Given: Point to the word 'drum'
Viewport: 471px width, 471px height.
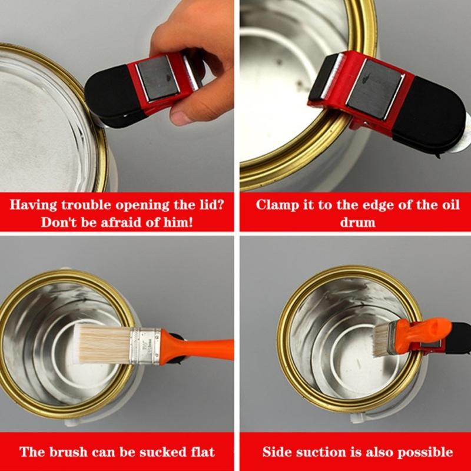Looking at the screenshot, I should click(x=357, y=223).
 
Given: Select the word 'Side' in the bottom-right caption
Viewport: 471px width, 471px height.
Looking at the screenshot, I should click(x=277, y=452).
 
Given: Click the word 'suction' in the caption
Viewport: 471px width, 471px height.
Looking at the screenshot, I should click(x=322, y=452).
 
